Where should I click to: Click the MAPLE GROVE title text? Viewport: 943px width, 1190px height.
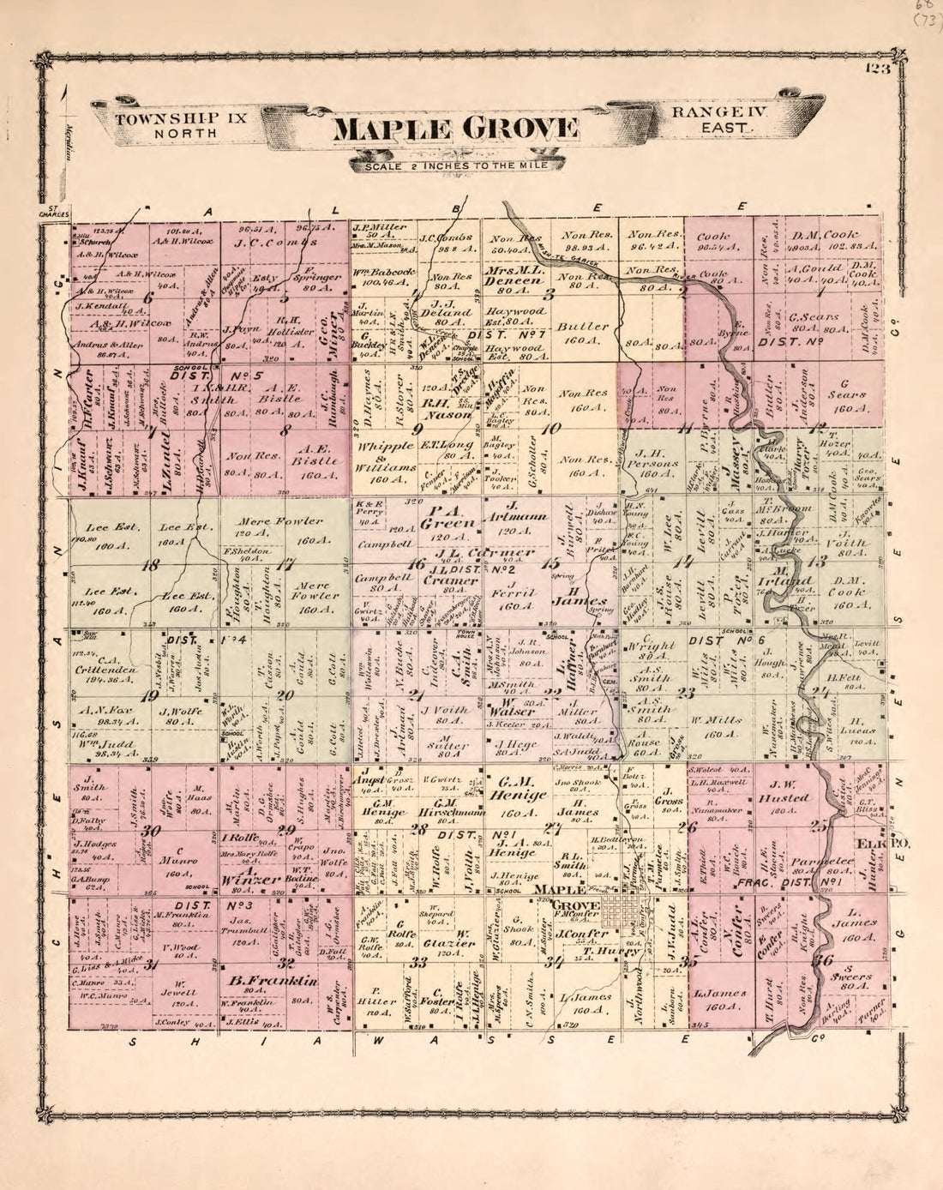pyautogui.click(x=455, y=129)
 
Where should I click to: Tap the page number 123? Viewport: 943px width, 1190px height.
pyautogui.click(x=878, y=70)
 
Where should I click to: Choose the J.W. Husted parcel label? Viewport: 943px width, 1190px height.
pyautogui.click(x=784, y=797)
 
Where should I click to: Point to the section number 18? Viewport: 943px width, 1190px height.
pyautogui.click(x=153, y=564)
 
